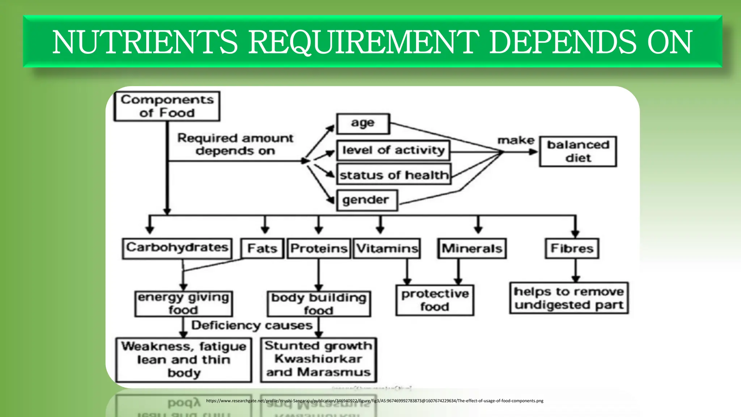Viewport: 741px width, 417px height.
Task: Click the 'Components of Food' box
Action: click(167, 106)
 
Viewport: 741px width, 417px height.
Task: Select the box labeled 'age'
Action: click(363, 124)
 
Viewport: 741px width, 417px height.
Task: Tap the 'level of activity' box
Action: click(393, 150)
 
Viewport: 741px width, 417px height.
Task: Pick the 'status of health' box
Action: click(394, 175)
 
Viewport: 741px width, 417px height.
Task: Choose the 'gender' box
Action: click(367, 200)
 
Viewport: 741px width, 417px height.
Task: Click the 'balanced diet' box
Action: click(578, 151)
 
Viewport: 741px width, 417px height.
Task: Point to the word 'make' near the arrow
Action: click(516, 140)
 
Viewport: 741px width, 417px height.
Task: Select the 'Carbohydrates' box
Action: click(177, 248)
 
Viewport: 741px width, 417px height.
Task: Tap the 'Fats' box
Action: click(262, 248)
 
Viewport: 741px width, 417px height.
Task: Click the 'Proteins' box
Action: click(319, 248)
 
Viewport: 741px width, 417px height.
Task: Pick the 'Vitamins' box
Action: click(387, 248)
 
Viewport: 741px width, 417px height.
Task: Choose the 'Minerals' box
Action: click(472, 248)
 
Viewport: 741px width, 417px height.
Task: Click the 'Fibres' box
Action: click(572, 248)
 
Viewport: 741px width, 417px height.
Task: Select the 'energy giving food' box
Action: click(183, 304)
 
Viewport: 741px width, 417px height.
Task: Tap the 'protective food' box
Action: click(435, 300)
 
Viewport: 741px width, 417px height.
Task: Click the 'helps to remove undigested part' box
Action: click(569, 298)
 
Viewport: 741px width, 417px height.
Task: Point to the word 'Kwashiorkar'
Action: click(318, 359)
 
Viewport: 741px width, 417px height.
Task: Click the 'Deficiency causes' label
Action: click(252, 325)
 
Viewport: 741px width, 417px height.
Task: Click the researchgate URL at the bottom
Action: click(374, 401)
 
